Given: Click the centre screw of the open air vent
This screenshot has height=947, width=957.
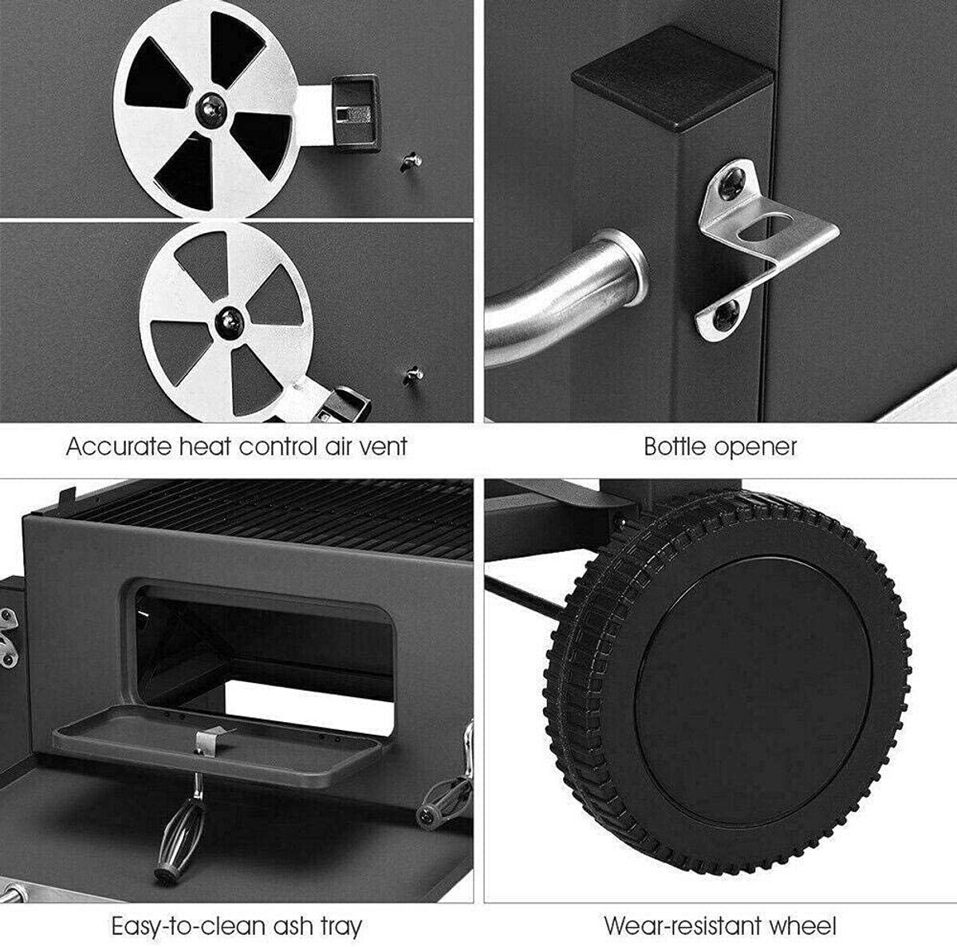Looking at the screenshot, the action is point(211,109).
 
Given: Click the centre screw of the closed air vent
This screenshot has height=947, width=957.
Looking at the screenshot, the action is point(230,322).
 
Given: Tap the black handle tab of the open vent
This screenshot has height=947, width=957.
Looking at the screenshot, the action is point(356,112).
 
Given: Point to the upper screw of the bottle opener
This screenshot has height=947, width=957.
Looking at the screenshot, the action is point(733,183).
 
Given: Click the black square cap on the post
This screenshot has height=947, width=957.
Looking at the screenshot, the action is point(672,77).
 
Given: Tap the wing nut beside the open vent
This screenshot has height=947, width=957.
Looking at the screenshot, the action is point(412,161).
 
